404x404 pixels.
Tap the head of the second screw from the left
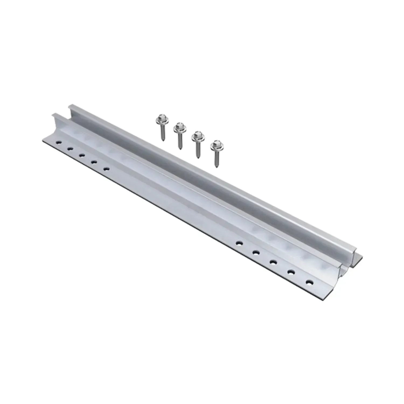tap(178, 126)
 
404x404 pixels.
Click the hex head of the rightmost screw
tap(215, 145)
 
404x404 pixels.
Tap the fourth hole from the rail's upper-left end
tap(94, 162)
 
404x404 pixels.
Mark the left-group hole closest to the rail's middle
tap(107, 169)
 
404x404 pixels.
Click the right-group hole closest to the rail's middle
tap(238, 243)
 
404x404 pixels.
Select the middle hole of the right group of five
tap(273, 262)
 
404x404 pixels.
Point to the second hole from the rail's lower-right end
tap(291, 272)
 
